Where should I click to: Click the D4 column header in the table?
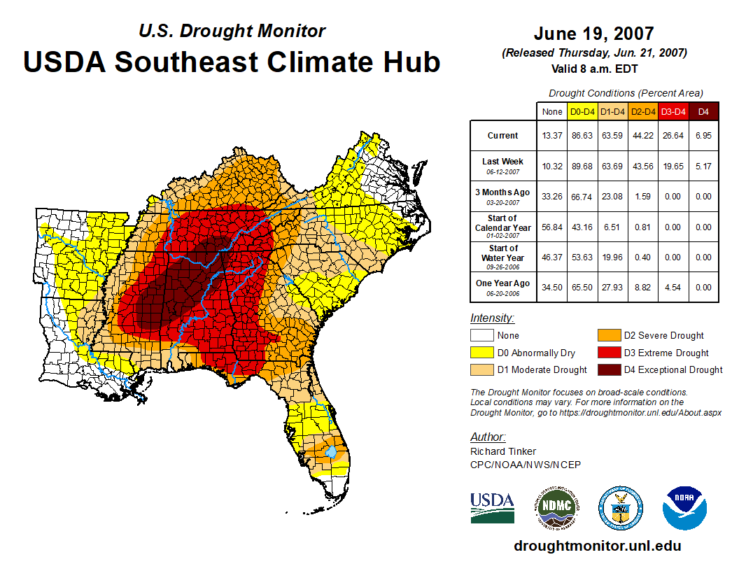(x=703, y=111)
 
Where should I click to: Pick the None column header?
(x=552, y=111)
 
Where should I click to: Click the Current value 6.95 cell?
(x=703, y=136)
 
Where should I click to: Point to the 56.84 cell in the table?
(x=552, y=227)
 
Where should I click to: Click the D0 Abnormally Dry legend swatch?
(x=481, y=353)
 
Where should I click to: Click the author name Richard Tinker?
(x=503, y=451)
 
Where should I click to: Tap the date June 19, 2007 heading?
(x=593, y=33)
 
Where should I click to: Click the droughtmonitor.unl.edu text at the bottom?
(x=597, y=546)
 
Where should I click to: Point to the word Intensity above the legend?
(x=492, y=318)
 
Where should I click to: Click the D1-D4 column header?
(x=612, y=111)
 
